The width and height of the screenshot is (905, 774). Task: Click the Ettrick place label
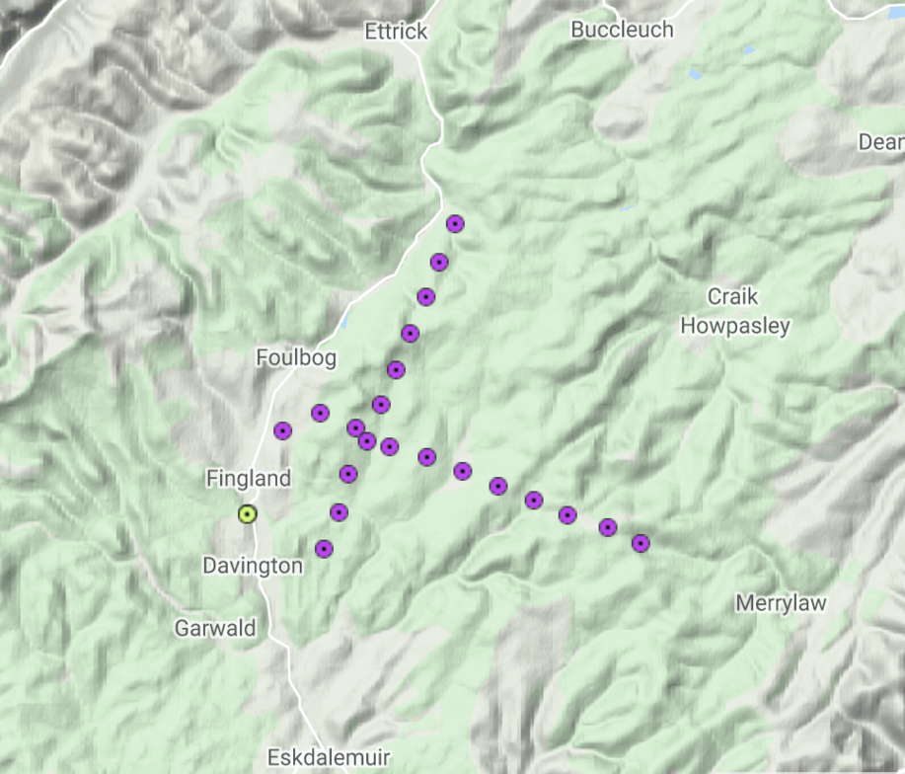pyautogui.click(x=396, y=32)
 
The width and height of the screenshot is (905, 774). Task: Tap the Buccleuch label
pyautogui.click(x=622, y=30)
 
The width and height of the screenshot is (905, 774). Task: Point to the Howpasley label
pyautogui.click(x=735, y=325)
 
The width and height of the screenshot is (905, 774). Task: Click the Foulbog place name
pyautogui.click(x=296, y=357)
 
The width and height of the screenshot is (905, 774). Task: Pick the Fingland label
pyautogui.click(x=249, y=479)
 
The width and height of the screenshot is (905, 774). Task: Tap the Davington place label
pyautogui.click(x=253, y=566)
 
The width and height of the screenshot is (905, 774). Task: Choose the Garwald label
pyautogui.click(x=215, y=628)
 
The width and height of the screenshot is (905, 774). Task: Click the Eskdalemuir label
pyautogui.click(x=329, y=758)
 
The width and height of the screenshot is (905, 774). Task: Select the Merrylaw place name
pyautogui.click(x=781, y=603)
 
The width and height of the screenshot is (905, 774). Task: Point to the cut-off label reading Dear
pyautogui.click(x=880, y=142)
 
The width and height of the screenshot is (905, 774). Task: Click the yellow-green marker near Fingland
pyautogui.click(x=247, y=513)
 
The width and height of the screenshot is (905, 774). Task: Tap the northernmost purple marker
pyautogui.click(x=455, y=224)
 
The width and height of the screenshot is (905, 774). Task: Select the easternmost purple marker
pyautogui.click(x=641, y=543)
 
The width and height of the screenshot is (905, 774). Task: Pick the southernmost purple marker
pyautogui.click(x=324, y=549)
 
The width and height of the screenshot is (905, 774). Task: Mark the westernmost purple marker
pyautogui.click(x=283, y=430)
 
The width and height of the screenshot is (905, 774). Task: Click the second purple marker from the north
pyautogui.click(x=439, y=262)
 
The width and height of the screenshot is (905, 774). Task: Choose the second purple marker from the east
pyautogui.click(x=608, y=527)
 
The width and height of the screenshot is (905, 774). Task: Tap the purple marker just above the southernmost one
pyautogui.click(x=339, y=511)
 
